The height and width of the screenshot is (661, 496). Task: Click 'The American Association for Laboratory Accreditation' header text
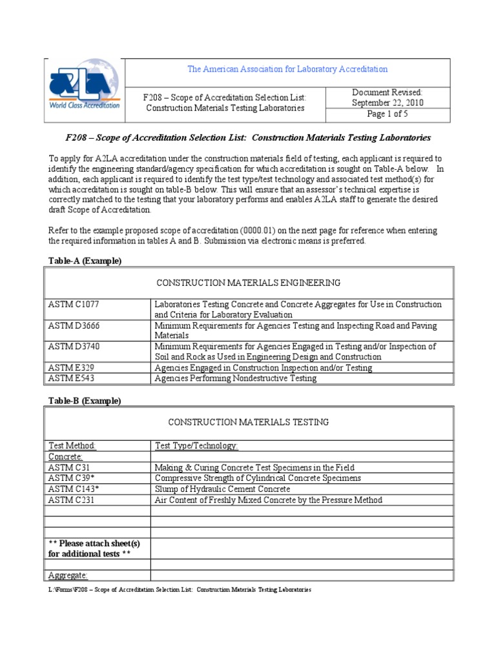pyautogui.click(x=287, y=69)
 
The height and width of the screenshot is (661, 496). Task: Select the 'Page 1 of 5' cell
pyautogui.click(x=387, y=114)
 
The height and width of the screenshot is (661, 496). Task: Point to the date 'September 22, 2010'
pyautogui.click(x=387, y=103)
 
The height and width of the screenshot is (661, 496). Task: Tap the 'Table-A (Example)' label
pyautogui.click(x=85, y=261)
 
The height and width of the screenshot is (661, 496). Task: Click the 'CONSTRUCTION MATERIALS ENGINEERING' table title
pyautogui.click(x=249, y=283)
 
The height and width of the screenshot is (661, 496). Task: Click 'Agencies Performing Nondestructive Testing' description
pyautogui.click(x=236, y=378)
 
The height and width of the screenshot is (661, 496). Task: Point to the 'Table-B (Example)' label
pyautogui.click(x=85, y=401)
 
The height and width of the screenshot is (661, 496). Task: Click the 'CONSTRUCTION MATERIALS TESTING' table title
pyautogui.click(x=249, y=422)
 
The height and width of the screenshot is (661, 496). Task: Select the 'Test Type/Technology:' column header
pyautogui.click(x=196, y=446)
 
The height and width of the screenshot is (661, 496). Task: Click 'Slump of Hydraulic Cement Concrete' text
pyautogui.click(x=223, y=489)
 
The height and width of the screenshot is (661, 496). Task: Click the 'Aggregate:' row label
pyautogui.click(x=68, y=575)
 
